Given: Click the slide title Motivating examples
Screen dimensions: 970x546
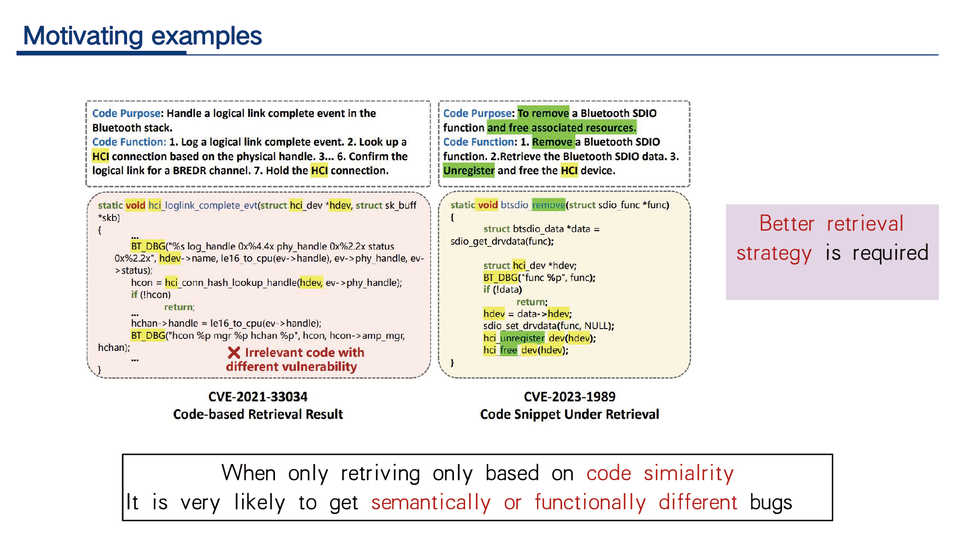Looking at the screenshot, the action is [143, 36].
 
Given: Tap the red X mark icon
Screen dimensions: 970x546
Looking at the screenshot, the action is [234, 353].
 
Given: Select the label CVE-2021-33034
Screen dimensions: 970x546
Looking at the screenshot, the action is [258, 397].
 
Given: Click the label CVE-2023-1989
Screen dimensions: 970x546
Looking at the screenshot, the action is [569, 397].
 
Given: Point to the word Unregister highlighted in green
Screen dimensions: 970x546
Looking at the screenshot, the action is [469, 170].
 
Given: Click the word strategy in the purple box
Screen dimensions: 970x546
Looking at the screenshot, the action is [774, 253].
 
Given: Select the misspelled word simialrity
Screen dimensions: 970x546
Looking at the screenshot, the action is [689, 474].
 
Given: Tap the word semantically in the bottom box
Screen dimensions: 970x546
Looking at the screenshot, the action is [431, 503].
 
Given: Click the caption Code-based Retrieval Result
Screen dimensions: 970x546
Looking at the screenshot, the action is [258, 414].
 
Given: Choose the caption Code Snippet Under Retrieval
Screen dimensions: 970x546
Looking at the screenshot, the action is [569, 414].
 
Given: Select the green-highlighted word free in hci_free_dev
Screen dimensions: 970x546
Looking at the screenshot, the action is [509, 350].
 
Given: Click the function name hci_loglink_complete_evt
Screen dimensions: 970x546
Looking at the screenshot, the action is [203, 205].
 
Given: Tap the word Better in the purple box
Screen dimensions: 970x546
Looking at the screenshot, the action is [787, 224].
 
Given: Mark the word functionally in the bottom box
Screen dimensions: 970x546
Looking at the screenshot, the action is [590, 503].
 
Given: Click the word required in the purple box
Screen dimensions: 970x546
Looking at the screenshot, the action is [890, 253].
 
